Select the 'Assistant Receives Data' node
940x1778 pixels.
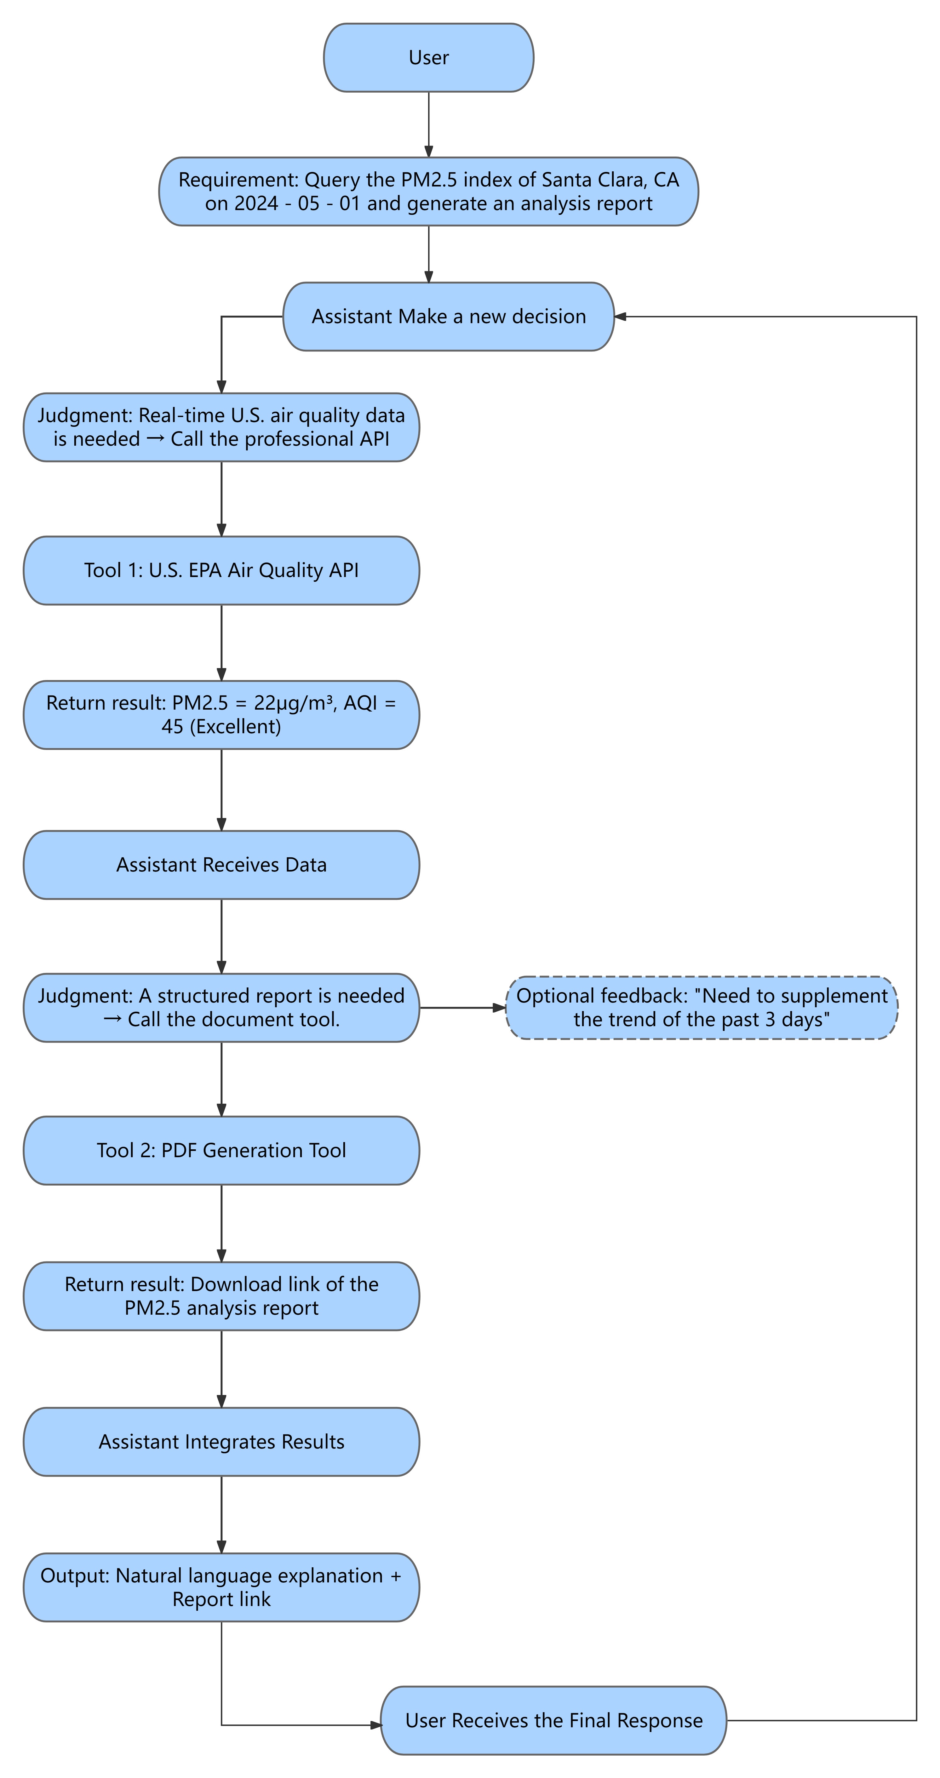221,865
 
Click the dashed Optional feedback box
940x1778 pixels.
701,1008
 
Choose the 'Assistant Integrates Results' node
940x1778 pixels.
221,1442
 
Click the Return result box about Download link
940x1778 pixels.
221,1296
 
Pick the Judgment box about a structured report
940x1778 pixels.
221,1008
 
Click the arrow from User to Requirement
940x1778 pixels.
429,124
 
